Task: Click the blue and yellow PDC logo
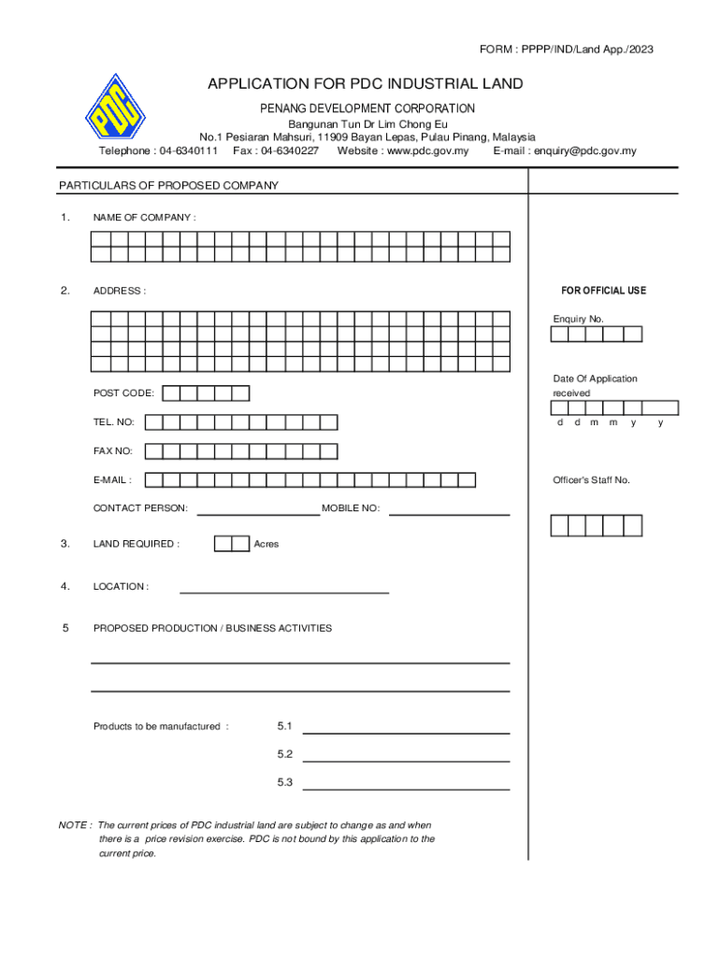point(116,120)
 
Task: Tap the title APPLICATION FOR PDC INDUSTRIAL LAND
point(365,85)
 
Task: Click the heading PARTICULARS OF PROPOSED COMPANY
point(168,186)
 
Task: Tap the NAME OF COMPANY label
point(144,218)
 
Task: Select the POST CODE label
point(123,393)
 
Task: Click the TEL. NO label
point(114,422)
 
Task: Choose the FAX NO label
point(113,451)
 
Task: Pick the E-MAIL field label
point(112,480)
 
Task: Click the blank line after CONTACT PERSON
point(258,513)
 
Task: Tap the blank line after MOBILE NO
point(449,513)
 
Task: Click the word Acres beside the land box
point(266,544)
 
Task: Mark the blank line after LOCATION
point(283,591)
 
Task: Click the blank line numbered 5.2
point(406,761)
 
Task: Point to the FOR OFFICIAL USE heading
point(603,291)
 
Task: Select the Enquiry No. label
point(578,320)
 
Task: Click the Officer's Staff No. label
point(591,480)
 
